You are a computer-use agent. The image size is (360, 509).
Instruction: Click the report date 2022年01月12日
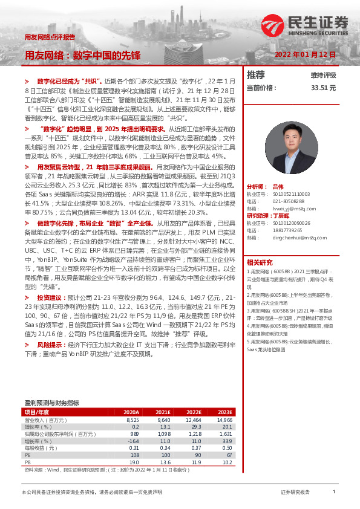tap(306, 54)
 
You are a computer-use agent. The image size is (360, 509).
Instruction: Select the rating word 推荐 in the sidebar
tap(256, 75)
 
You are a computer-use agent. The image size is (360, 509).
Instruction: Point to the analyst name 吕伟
tap(278, 187)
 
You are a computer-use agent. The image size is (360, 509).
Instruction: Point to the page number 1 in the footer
tap(333, 493)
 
